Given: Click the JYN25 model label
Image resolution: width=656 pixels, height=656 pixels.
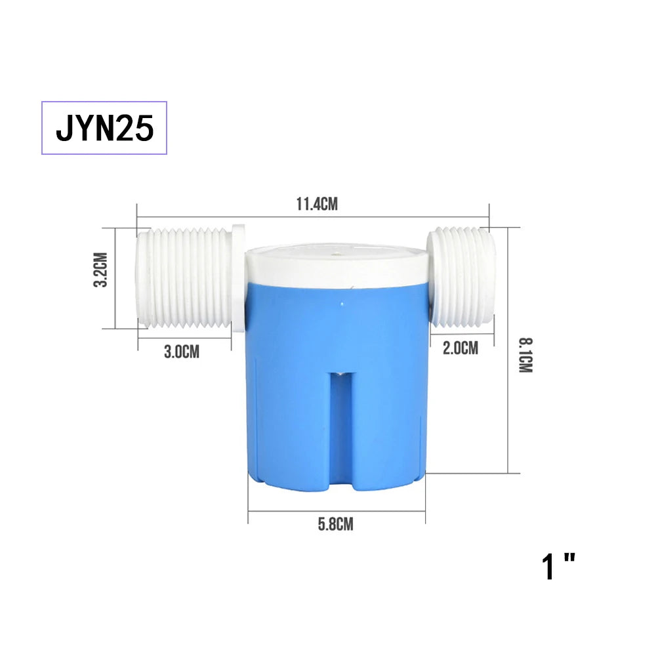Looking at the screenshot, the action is point(105,128).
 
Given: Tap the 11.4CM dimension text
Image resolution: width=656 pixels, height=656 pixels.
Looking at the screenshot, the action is point(316,204).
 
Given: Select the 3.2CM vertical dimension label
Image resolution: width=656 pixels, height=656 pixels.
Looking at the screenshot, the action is point(100,270).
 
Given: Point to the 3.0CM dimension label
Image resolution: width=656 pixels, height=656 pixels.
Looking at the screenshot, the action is point(182,352).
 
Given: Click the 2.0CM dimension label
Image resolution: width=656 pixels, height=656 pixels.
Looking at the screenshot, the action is point(461,348).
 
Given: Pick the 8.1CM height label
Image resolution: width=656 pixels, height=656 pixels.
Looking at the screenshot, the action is point(525,355).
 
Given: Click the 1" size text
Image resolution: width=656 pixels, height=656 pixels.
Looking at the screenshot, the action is point(559,567).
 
